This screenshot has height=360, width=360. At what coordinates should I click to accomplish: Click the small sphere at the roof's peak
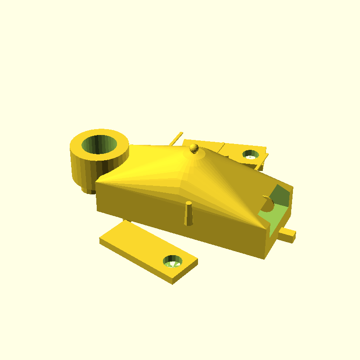[x=194, y=147]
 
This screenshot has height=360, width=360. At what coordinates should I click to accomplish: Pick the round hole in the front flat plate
[x=172, y=261]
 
